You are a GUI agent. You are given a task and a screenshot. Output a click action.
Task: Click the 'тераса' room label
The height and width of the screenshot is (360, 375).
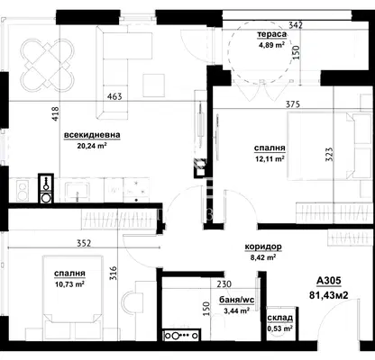(x=271, y=34)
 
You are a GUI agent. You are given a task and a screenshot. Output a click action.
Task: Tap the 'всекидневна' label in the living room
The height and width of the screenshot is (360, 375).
(x=92, y=135)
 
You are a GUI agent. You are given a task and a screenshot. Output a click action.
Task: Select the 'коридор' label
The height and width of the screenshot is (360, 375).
(x=263, y=247)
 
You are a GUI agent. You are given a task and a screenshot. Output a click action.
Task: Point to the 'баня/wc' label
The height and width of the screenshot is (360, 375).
(x=237, y=300)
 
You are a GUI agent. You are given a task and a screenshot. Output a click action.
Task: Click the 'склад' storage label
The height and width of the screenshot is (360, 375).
(x=280, y=318)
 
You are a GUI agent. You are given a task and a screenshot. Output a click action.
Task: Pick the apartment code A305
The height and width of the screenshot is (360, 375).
(x=329, y=281)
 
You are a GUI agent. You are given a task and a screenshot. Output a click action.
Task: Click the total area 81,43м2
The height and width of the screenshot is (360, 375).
(x=329, y=295)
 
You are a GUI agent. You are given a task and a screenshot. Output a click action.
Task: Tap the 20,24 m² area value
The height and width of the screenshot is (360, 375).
(x=92, y=146)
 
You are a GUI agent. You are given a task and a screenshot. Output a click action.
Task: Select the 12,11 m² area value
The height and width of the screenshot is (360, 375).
(x=270, y=158)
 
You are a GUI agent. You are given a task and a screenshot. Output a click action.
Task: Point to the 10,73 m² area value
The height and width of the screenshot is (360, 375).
(x=69, y=284)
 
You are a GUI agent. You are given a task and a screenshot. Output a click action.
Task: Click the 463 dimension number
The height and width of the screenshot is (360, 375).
(x=115, y=96)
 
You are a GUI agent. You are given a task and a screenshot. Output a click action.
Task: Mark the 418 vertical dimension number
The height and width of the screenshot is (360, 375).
(x=56, y=114)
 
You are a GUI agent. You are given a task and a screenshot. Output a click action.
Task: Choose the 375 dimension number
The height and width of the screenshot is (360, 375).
(x=293, y=104)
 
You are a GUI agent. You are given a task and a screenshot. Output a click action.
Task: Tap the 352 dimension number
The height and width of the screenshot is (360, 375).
(x=84, y=243)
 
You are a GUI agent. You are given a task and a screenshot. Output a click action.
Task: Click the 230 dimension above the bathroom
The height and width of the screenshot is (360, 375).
(x=224, y=283)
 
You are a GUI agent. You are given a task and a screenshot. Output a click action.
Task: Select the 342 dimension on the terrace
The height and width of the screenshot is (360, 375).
(x=295, y=25)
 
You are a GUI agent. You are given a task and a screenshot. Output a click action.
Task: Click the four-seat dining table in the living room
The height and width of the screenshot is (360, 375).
(x=48, y=66)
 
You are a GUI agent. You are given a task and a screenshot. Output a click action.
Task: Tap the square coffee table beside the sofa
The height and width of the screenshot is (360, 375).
(x=154, y=85)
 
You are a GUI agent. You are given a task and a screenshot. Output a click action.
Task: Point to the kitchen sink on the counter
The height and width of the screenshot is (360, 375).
(x=77, y=192)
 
